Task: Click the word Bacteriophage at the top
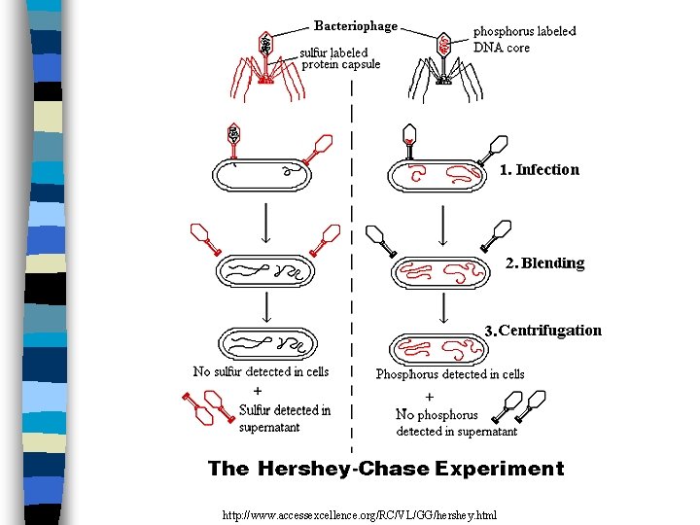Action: pyautogui.click(x=355, y=25)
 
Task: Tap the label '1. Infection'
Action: pyautogui.click(x=540, y=170)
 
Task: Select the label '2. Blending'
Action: pyautogui.click(x=544, y=263)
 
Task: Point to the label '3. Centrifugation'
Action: pyautogui.click(x=543, y=331)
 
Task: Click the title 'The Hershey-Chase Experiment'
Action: pyautogui.click(x=386, y=469)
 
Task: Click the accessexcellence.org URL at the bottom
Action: pyautogui.click(x=359, y=512)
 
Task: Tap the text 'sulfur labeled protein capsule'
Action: pyautogui.click(x=339, y=58)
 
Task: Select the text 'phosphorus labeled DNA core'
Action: pyautogui.click(x=524, y=39)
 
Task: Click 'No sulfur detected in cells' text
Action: pyautogui.click(x=261, y=371)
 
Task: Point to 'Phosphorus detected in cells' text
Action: pyautogui.click(x=450, y=374)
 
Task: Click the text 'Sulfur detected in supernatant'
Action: pyautogui.click(x=284, y=418)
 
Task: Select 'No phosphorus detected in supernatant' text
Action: pyautogui.click(x=455, y=423)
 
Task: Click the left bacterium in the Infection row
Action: pyautogui.click(x=262, y=174)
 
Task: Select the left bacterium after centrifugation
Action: pyautogui.click(x=267, y=343)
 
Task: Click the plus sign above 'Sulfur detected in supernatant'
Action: pyautogui.click(x=257, y=391)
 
